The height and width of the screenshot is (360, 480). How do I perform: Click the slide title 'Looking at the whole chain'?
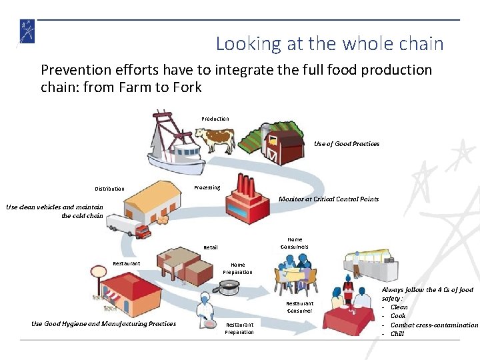(329, 44)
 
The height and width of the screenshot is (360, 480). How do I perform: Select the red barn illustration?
(282, 144)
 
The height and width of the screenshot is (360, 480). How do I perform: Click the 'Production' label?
(215, 119)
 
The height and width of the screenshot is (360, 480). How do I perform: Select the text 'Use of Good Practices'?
(347, 143)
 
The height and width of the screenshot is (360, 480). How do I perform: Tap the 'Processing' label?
(207, 187)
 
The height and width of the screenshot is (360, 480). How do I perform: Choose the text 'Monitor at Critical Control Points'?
(329, 199)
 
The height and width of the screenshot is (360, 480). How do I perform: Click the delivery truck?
(129, 227)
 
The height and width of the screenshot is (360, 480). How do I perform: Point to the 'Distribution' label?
(109, 189)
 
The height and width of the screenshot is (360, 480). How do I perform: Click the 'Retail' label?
(211, 247)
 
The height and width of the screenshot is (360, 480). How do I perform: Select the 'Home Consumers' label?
(295, 243)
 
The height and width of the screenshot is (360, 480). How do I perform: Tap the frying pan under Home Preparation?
(230, 287)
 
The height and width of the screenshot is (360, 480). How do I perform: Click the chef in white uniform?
(205, 313)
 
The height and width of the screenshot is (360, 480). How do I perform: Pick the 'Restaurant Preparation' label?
(239, 328)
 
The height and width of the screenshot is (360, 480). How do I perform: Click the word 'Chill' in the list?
(397, 333)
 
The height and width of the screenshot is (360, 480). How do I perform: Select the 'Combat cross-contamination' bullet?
(434, 325)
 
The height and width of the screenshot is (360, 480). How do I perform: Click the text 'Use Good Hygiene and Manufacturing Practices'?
(104, 323)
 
